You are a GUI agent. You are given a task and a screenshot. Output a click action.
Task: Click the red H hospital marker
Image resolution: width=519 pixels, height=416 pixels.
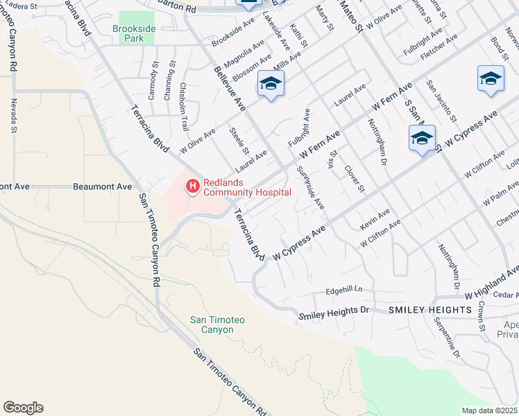(192, 185)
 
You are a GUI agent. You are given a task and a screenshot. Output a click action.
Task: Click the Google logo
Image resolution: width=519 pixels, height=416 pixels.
(23, 408)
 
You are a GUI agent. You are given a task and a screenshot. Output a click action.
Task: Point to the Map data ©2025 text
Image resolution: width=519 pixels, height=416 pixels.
(489, 410)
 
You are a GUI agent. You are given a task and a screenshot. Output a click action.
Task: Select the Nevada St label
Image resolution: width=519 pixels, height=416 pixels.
(13, 114)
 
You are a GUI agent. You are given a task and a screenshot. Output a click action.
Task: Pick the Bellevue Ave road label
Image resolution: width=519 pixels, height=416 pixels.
(230, 89)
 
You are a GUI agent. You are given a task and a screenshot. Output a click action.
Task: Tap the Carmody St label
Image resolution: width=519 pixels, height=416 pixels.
(155, 80)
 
